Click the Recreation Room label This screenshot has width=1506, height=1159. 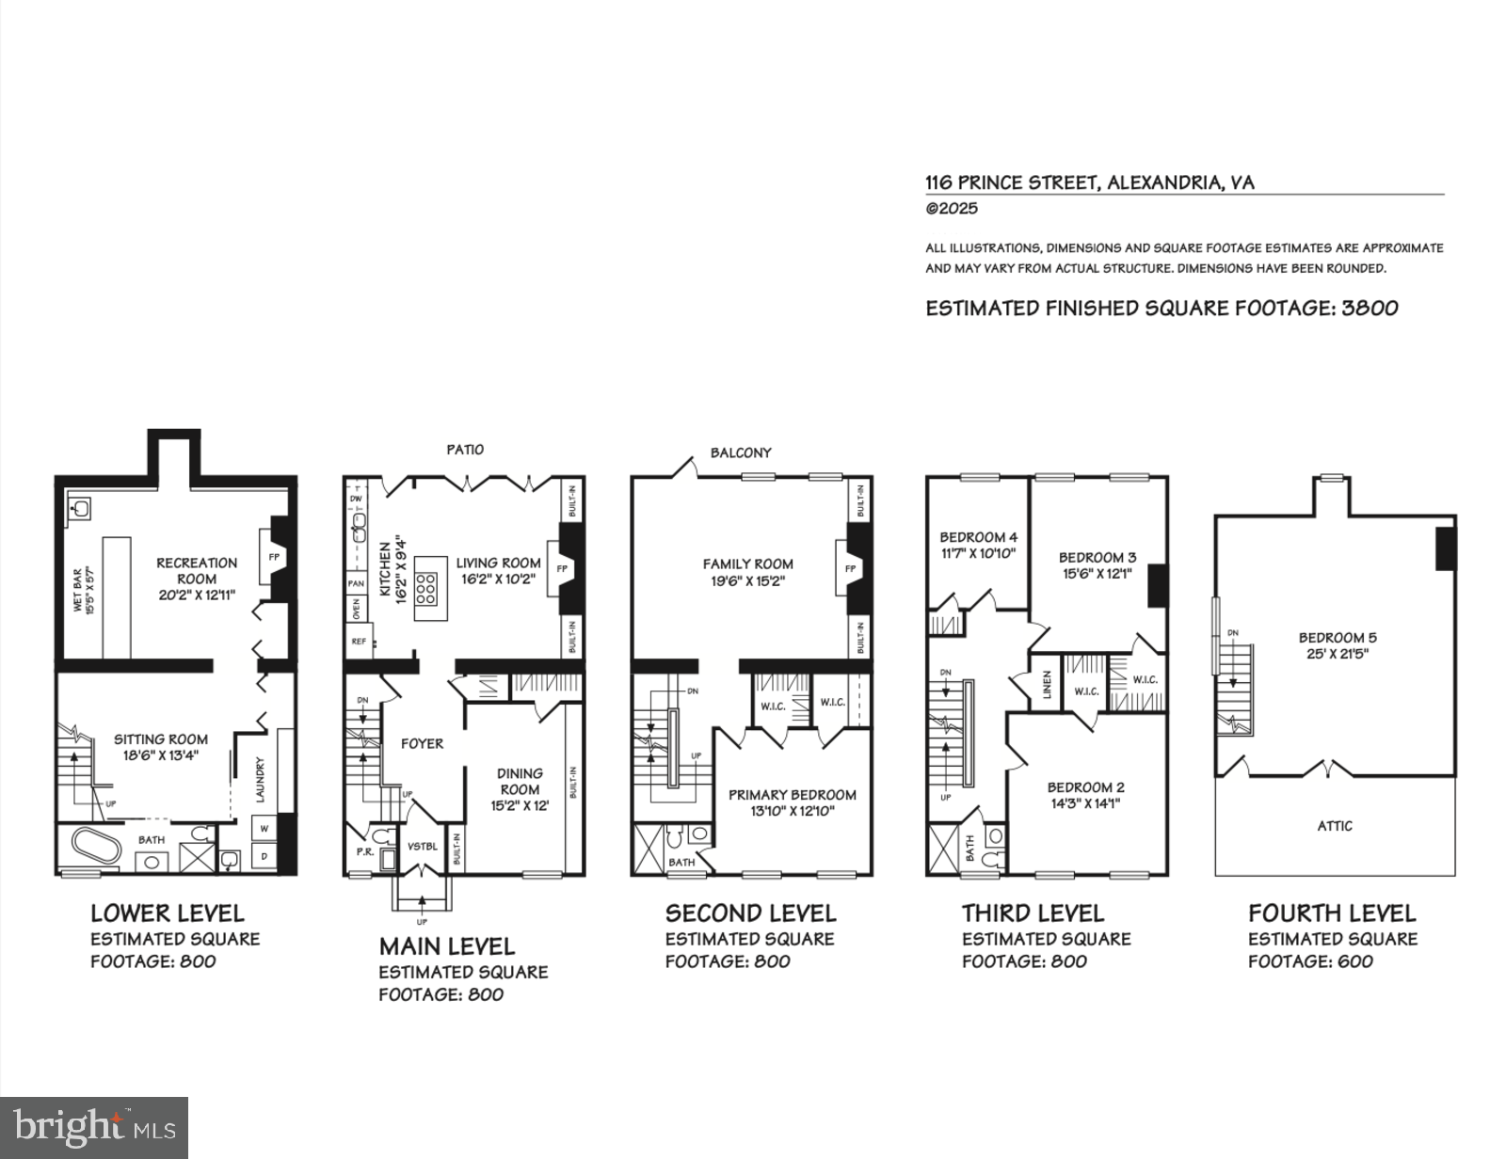pyautogui.click(x=197, y=570)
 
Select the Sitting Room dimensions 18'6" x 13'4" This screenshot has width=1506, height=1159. pyautogui.click(x=161, y=754)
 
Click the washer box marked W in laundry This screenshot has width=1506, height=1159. pyautogui.click(x=264, y=829)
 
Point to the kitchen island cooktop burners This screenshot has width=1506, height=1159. pyautogui.click(x=425, y=589)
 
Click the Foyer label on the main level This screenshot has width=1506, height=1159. pyautogui.click(x=422, y=743)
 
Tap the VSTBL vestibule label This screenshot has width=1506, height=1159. pyautogui.click(x=423, y=846)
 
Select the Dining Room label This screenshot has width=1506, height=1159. pyautogui.click(x=520, y=781)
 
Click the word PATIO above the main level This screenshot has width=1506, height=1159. pyautogui.click(x=465, y=450)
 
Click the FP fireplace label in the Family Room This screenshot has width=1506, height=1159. pyautogui.click(x=850, y=569)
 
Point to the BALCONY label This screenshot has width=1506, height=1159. pyautogui.click(x=741, y=452)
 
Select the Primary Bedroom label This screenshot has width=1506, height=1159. pyautogui.click(x=793, y=795)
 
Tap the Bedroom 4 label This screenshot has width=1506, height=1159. pyautogui.click(x=978, y=537)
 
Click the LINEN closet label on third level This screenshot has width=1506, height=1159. pyautogui.click(x=1047, y=684)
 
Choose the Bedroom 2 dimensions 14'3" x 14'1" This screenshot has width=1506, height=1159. pyautogui.click(x=1085, y=803)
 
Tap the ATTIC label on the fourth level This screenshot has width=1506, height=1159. pyautogui.click(x=1335, y=826)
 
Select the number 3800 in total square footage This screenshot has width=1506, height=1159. pyautogui.click(x=1369, y=308)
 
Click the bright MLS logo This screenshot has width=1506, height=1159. pyautogui.click(x=94, y=1127)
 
